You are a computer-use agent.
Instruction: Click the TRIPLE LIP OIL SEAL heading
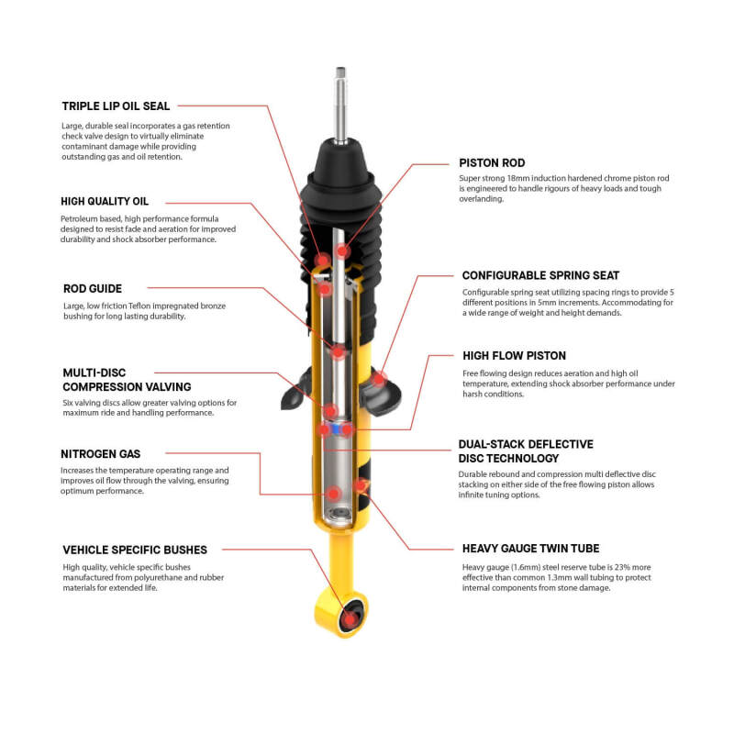point(116,106)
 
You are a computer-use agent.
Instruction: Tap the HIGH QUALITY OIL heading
point(105,201)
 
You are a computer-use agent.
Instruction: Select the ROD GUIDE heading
point(92,288)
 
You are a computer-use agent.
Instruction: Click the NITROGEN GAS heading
point(101,453)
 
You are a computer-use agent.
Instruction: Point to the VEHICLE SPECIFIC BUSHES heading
point(134,550)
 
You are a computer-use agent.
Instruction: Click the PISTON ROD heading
point(492,162)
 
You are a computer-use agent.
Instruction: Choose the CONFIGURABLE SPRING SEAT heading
point(540,274)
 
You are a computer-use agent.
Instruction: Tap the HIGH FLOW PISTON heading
point(514,355)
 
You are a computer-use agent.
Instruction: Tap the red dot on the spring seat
point(377,377)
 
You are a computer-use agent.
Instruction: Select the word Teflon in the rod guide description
point(147,306)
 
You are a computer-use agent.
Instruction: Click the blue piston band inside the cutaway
point(341,428)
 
